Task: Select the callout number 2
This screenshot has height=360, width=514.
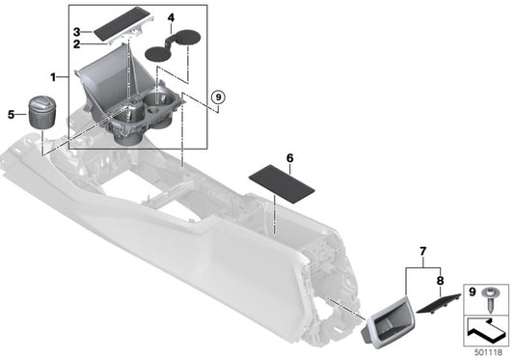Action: click(78, 42)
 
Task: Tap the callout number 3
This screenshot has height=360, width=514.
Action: click(78, 32)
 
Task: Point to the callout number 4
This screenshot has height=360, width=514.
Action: click(170, 18)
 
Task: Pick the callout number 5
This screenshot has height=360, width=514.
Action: click(11, 115)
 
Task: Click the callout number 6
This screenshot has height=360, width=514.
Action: click(289, 155)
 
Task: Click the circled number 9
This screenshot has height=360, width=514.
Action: click(217, 97)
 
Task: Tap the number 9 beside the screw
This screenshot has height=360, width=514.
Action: click(471, 291)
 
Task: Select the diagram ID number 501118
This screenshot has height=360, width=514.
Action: click(487, 352)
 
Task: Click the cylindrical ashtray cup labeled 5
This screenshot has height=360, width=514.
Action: click(44, 114)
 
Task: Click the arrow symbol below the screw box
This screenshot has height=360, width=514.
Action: click(487, 331)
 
